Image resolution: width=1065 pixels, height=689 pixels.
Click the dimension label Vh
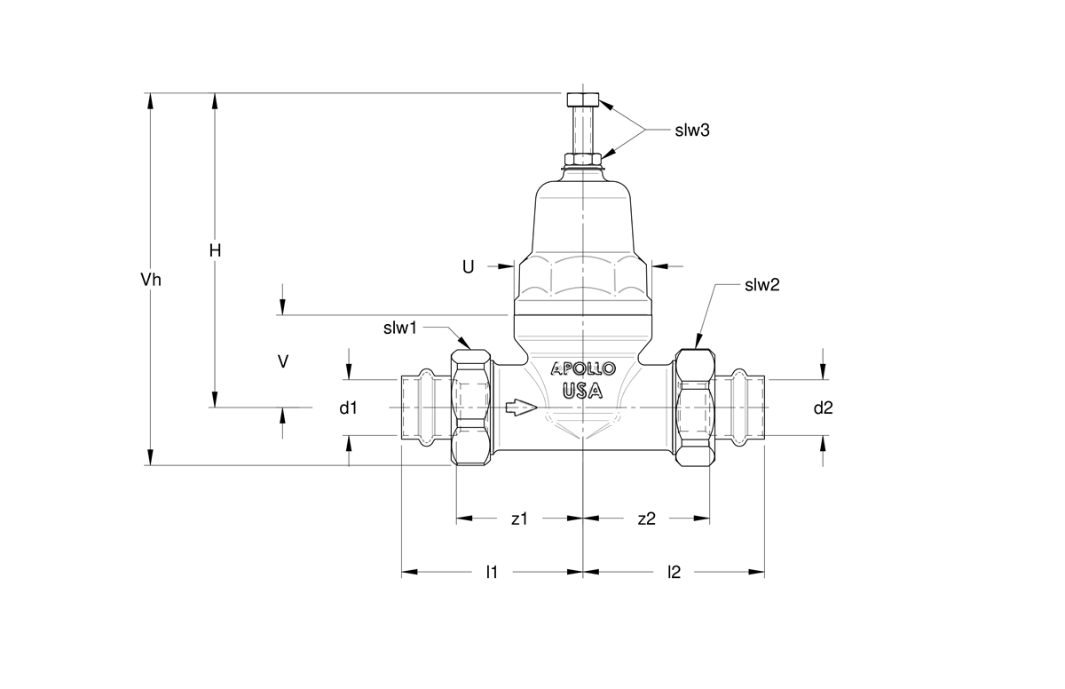pyautogui.click(x=151, y=280)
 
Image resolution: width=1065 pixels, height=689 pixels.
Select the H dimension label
pyautogui.click(x=216, y=250)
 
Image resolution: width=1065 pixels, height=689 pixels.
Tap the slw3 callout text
pyautogui.click(x=692, y=131)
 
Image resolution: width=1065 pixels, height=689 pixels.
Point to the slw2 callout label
pyautogui.click(x=762, y=285)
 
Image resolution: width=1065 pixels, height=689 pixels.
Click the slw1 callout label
pyautogui.click(x=400, y=329)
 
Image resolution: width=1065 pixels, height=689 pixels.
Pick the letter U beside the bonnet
pyautogui.click(x=469, y=267)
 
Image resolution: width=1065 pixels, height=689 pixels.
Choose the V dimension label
pyautogui.click(x=283, y=362)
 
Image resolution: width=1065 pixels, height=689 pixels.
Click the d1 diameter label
pyautogui.click(x=348, y=408)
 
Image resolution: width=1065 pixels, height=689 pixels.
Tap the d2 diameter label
pyautogui.click(x=823, y=408)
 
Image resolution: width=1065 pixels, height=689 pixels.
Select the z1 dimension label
pyautogui.click(x=520, y=519)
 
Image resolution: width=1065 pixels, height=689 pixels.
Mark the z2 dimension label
pyautogui.click(x=647, y=519)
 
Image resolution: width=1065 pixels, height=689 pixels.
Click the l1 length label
pyautogui.click(x=492, y=572)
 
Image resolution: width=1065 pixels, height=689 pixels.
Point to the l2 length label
pyautogui.click(x=674, y=572)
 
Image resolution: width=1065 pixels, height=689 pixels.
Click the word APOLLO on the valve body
pyautogui.click(x=583, y=368)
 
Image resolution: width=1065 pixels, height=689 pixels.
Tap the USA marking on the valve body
pyautogui.click(x=583, y=391)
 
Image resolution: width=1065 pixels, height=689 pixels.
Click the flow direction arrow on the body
pyautogui.click(x=522, y=408)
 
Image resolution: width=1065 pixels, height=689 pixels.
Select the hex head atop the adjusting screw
pyautogui.click(x=583, y=99)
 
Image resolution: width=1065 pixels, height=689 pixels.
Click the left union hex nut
pyautogui.click(x=470, y=407)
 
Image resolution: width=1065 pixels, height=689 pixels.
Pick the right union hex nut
pyautogui.click(x=695, y=408)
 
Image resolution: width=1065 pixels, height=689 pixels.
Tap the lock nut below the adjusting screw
pyautogui.click(x=583, y=159)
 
